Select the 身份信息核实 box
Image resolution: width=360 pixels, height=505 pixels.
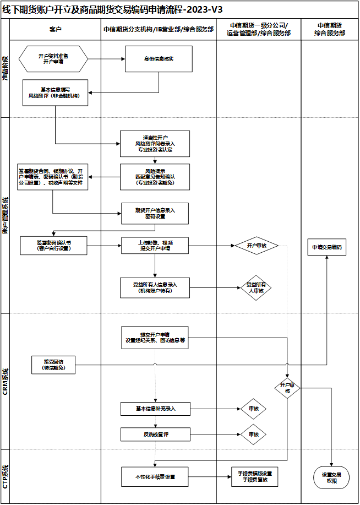click(x=159, y=59)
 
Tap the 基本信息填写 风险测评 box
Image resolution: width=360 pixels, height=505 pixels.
click(x=56, y=92)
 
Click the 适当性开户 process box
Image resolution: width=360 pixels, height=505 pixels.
click(x=155, y=143)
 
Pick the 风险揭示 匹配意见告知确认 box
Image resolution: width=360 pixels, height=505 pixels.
click(x=155, y=177)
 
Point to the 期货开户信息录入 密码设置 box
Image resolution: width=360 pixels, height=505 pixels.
click(x=155, y=213)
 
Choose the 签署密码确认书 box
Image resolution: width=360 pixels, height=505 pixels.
click(x=54, y=245)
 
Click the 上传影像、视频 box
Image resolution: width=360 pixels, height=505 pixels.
click(x=155, y=245)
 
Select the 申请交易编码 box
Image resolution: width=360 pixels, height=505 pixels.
click(x=326, y=248)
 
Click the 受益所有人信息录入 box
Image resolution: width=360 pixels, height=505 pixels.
click(x=155, y=287)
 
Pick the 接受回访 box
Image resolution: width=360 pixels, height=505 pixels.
click(x=54, y=364)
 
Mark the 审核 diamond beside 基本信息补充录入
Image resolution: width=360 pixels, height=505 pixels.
click(x=254, y=409)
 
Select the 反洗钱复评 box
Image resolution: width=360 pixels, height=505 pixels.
click(x=155, y=435)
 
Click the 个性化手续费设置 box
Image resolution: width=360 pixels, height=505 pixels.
click(x=155, y=476)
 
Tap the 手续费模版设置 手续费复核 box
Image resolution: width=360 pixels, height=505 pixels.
click(x=254, y=476)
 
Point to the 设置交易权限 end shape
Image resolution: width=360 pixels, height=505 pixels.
click(x=331, y=477)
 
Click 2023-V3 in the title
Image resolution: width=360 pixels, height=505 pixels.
click(x=205, y=9)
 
